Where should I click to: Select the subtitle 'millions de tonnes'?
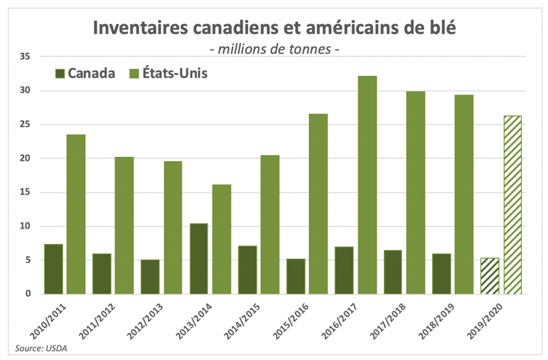275,49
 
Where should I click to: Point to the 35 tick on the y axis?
25,57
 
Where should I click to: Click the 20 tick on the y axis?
25,158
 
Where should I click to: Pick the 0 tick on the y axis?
28,294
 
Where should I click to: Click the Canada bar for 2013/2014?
198,258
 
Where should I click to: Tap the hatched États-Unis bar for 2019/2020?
512,204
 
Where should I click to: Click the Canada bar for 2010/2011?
54,269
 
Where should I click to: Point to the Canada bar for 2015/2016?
295,276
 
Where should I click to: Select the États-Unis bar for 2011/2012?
125,225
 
